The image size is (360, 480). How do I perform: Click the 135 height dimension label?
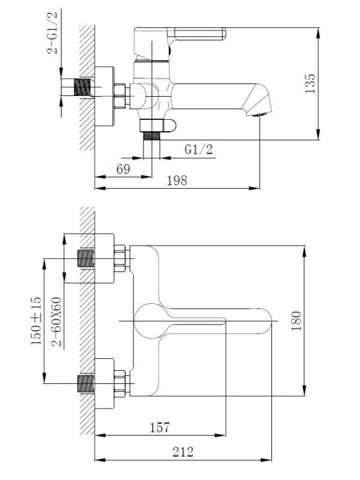(x=310, y=83)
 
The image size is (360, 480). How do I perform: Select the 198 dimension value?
(x=177, y=181)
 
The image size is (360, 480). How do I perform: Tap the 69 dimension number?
(x=123, y=169)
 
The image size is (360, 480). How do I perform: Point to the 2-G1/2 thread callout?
(x=52, y=32)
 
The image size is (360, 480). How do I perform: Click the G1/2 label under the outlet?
(x=199, y=150)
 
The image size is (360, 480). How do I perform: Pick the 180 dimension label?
(x=296, y=321)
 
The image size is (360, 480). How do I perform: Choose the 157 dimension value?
(x=159, y=427)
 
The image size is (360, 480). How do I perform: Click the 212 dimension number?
(x=183, y=452)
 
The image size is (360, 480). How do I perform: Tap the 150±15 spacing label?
(x=36, y=320)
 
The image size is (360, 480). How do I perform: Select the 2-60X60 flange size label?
(x=57, y=321)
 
